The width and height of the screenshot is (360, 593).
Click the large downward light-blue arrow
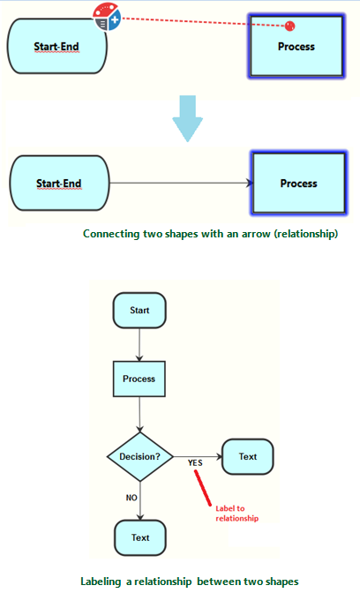[187, 118]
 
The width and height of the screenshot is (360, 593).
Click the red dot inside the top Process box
[289, 26]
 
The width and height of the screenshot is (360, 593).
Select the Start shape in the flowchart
[139, 311]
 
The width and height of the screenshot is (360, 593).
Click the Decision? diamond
[139, 457]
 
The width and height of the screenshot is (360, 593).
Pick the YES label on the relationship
[196, 462]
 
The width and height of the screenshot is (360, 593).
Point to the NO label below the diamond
[131, 498]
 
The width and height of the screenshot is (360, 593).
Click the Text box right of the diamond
[248, 457]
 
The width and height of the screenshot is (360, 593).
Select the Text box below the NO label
[140, 537]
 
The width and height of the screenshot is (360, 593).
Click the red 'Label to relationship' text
[236, 513]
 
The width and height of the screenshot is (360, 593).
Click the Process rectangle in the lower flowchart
[139, 379]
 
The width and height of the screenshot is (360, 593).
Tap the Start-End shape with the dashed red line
[57, 45]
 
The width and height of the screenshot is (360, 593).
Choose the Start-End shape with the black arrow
[58, 184]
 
